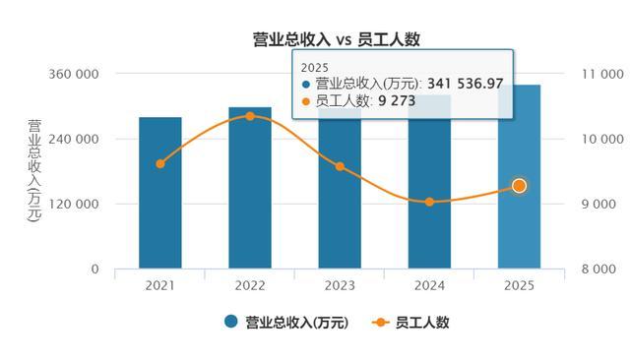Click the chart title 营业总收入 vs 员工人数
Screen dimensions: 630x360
coord(337,39)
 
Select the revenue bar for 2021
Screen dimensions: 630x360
coord(160,193)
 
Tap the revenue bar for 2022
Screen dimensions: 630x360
coord(250,188)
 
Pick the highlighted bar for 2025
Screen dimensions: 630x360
coord(519,177)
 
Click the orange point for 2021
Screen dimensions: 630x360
coord(160,163)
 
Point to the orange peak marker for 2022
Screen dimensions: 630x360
coord(250,116)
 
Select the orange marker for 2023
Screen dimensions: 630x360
coord(340,166)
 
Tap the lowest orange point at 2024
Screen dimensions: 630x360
coord(429,202)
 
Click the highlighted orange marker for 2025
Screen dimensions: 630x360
coord(520,186)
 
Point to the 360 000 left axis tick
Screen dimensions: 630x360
coord(74,74)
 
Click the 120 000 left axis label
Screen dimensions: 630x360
coord(74,204)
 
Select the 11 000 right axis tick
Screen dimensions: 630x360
coord(602,74)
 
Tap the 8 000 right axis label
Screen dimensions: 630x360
coord(598,269)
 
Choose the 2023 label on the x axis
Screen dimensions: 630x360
coord(340,286)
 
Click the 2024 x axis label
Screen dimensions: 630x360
coord(429,286)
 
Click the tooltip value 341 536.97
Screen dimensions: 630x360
coord(466,84)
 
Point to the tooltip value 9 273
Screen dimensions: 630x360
coord(397,100)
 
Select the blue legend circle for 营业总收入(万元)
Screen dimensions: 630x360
coord(231,322)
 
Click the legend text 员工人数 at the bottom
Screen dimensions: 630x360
coord(422,323)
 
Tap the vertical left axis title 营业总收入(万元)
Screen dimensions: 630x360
coord(34,170)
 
